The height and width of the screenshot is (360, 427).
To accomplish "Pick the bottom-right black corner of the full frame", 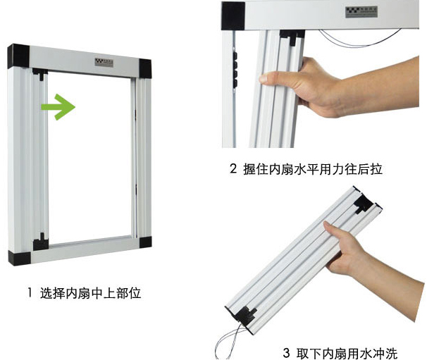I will tap(145, 240).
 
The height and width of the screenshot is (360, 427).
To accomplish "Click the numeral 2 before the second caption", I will tap(233, 169).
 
